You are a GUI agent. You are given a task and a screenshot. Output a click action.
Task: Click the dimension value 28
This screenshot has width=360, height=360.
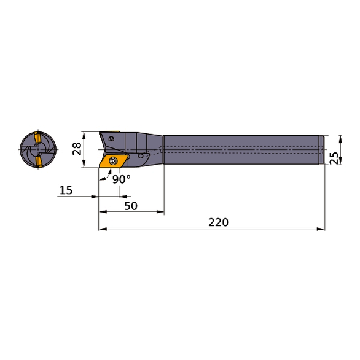[x=77, y=149]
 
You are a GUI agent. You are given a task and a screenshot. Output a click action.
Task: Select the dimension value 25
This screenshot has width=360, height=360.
[x=334, y=157]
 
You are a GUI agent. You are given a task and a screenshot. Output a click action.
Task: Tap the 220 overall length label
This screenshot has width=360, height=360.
[x=218, y=222]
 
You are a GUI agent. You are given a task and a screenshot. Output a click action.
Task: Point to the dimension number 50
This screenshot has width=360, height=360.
[x=130, y=205]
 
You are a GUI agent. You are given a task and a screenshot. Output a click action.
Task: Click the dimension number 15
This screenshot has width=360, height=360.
[x=65, y=190]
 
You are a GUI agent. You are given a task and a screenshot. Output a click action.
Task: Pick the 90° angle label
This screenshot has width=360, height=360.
[x=122, y=179]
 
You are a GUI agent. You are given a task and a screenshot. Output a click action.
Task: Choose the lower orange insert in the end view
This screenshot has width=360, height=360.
[x=37, y=162]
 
